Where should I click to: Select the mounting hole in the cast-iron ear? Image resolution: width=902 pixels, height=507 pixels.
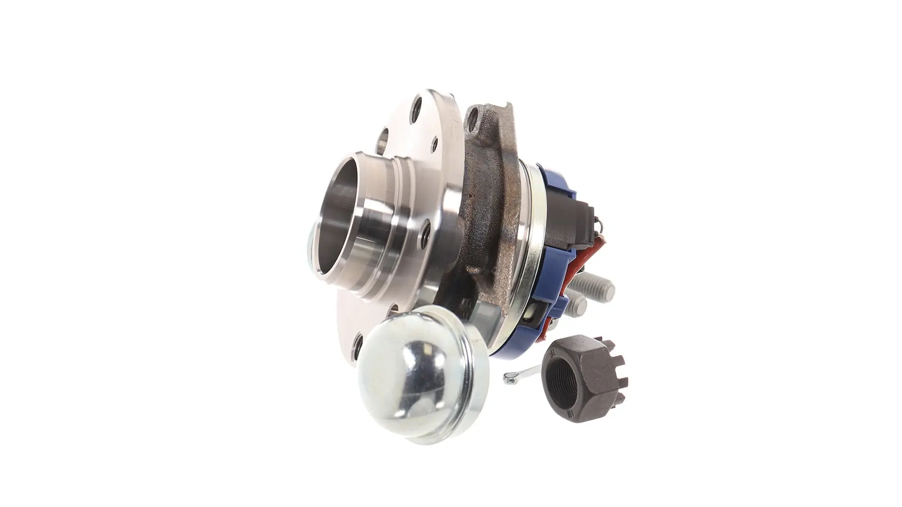click(x=474, y=114)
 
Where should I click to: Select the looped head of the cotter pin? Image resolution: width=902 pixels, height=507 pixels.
click(x=507, y=376)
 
